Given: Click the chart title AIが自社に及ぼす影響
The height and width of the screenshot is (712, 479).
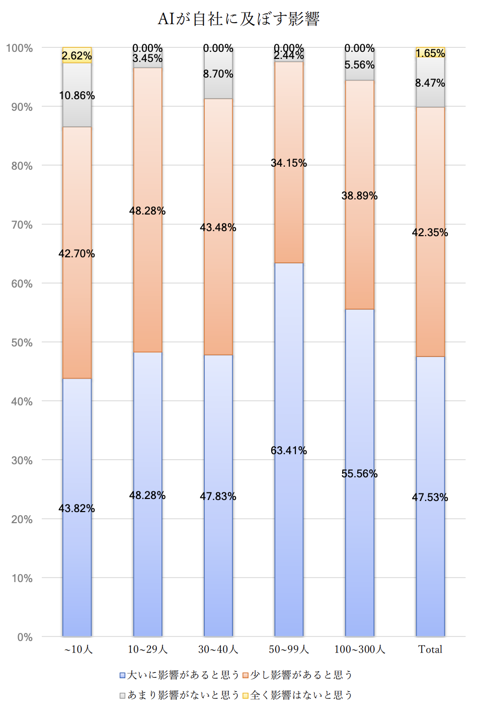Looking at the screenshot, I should coord(238,19).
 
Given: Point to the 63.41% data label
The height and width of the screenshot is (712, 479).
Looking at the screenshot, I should coord(289,450).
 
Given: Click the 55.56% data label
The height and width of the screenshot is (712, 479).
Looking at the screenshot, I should coord(359,473).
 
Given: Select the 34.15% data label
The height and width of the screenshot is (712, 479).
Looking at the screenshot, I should coord(289,163).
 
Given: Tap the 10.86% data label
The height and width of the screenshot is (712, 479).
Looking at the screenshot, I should coord(77,95).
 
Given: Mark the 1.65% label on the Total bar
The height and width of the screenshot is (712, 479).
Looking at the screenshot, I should coord(430,53).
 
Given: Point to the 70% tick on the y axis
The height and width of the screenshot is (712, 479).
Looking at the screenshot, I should coord(22,225).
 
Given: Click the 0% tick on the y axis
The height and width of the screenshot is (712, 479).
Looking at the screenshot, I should coord(25,637).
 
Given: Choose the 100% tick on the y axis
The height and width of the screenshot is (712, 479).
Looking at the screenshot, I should coord(20,48).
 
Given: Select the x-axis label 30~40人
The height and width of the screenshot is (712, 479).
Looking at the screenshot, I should coord(218,649).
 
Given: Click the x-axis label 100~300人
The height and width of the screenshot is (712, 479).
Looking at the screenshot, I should coord(359,649).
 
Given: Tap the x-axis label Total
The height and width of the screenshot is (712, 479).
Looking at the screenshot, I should coord(430,649).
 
